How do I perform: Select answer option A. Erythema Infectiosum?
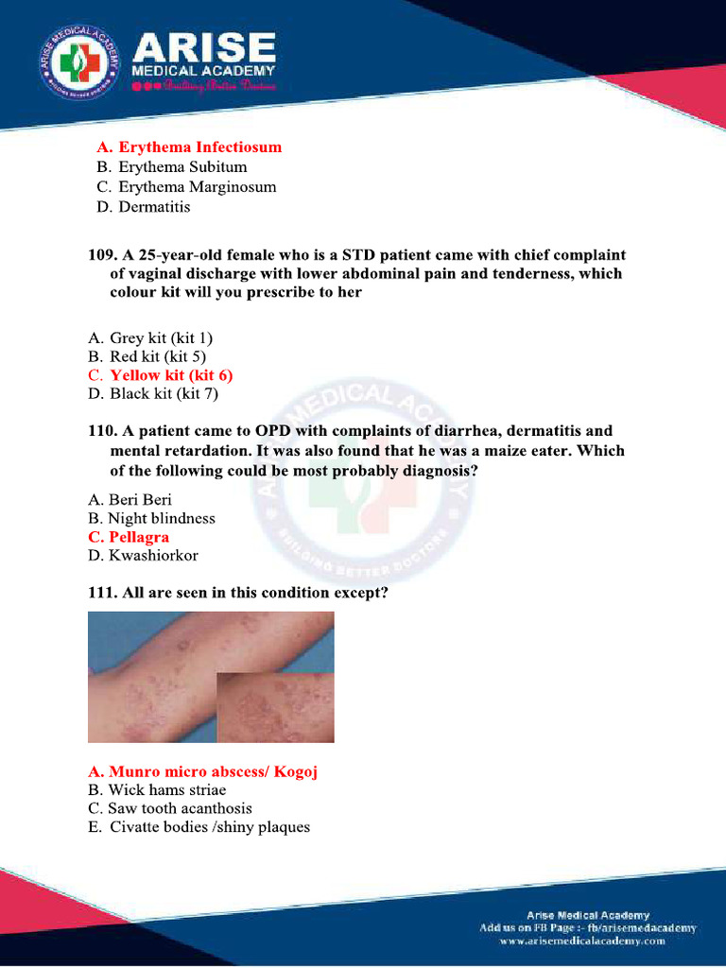pos(189,147)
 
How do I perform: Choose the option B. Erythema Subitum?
pos(171,167)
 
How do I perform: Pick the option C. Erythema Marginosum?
pos(186,187)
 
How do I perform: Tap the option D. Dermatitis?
pos(143,206)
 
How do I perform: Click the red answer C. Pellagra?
pos(129,537)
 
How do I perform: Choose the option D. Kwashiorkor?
pos(143,556)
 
